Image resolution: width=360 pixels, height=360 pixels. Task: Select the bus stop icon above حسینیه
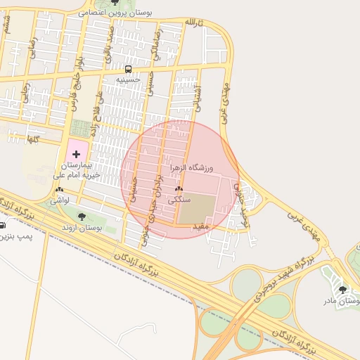pos(128,69)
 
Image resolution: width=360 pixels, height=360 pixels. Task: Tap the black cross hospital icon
pos(77,153)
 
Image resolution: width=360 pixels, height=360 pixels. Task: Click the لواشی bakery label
pos(58,200)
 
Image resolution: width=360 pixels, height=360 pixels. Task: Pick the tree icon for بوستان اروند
pos(82,217)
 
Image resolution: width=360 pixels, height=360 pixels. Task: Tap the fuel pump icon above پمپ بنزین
pos(2,226)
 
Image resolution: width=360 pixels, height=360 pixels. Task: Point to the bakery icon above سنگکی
pos(179,189)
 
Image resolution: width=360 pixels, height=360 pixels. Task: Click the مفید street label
pos(200,226)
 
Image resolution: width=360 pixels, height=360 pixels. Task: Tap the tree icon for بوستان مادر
pos(342,289)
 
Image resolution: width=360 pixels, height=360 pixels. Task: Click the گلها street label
pos(31,140)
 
